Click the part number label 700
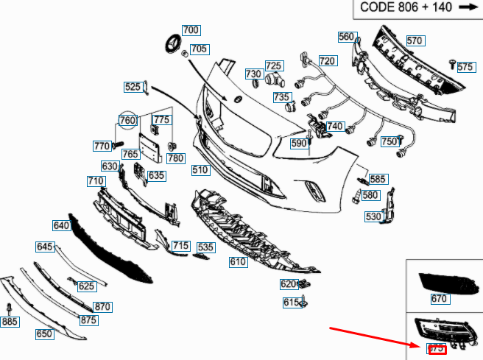(x=191, y=30)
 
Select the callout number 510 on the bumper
(x=200, y=170)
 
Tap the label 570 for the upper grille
(x=415, y=41)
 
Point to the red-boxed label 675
(x=437, y=349)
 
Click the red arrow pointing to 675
(x=373, y=336)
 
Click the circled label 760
(x=127, y=120)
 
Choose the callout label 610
(x=238, y=261)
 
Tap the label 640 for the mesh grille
(x=60, y=225)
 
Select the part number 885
(x=10, y=322)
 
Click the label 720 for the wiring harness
(x=327, y=61)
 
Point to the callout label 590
(x=298, y=144)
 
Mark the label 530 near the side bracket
(x=373, y=216)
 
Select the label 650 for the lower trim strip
(x=44, y=333)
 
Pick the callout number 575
(x=465, y=67)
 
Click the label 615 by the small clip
(x=290, y=302)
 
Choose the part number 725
(x=274, y=66)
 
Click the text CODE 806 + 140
(x=405, y=8)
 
